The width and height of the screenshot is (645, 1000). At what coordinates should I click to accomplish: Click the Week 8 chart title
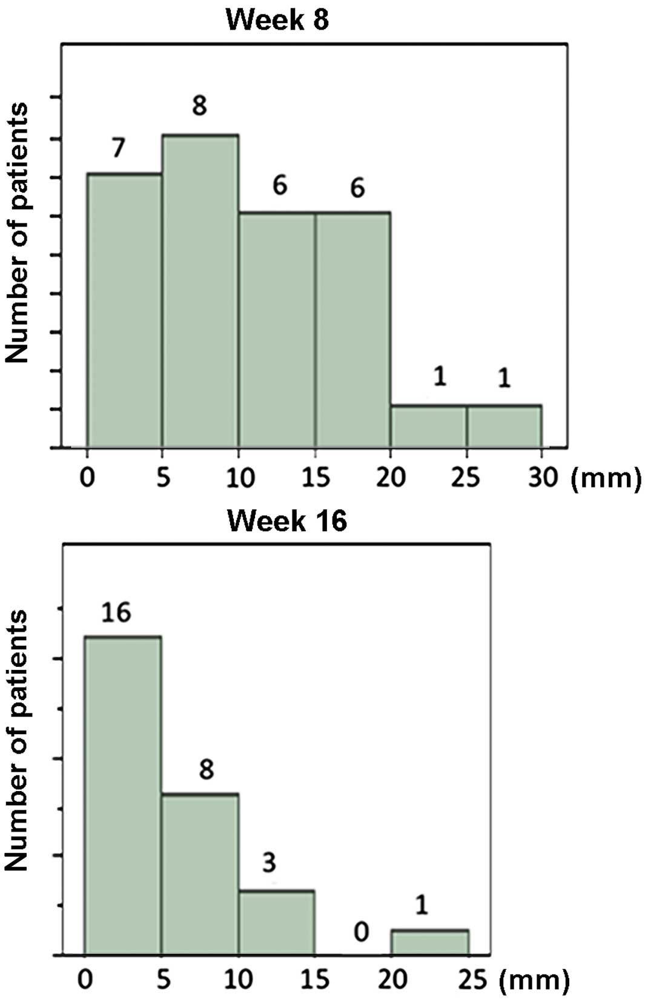pos(277,19)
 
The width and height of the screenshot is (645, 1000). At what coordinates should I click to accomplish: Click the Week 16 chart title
pos(287,521)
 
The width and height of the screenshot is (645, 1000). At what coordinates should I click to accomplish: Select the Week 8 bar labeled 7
pos(124,310)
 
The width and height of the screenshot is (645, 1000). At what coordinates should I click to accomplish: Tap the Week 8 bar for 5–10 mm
pos(200,291)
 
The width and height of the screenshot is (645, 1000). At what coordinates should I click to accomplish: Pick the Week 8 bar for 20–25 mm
pos(429,426)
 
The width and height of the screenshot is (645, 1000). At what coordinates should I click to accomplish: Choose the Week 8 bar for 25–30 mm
pos(504,426)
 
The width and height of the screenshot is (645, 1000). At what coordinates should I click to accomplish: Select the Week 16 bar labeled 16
pos(123,795)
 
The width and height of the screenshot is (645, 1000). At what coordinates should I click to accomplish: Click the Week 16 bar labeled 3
pos(276,922)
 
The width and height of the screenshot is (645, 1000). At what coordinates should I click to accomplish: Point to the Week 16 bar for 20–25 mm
pos(429,942)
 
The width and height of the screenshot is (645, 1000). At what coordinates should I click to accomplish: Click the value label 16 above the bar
pos(116,612)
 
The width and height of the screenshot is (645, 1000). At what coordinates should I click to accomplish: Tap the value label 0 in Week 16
pos(361,932)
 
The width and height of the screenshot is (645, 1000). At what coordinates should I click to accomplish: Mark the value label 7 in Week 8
pos(118,147)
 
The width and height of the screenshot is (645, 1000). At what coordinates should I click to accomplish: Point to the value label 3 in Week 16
pos(270,862)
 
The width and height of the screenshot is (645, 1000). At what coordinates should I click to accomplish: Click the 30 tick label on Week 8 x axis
pos(543,477)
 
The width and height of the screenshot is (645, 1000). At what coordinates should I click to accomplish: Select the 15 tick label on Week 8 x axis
pos(316,477)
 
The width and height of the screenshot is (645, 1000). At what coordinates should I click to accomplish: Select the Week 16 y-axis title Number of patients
pos(17,740)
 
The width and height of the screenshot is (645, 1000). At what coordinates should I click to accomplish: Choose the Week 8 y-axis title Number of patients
pos(17,233)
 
